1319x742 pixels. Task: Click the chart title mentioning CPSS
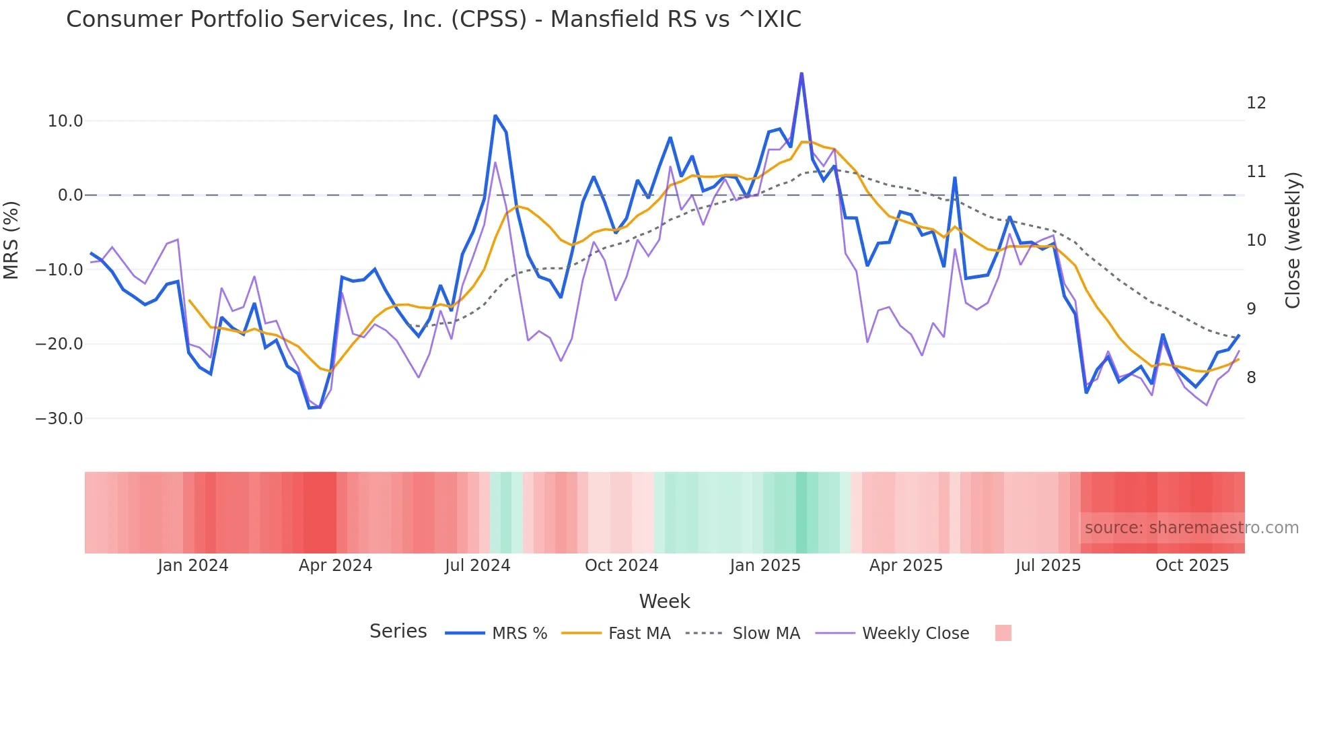coord(433,20)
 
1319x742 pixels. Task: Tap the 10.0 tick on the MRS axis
coord(65,121)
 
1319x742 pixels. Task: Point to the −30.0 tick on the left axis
coord(59,418)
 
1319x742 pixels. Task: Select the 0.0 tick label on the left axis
coord(71,195)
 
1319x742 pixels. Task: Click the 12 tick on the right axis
coord(1256,103)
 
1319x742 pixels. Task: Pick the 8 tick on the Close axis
coord(1251,378)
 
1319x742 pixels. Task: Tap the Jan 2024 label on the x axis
coord(193,566)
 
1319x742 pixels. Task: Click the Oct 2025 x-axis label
coord(1192,566)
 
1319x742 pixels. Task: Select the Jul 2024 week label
coord(477,566)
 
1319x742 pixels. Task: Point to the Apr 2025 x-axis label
coord(906,566)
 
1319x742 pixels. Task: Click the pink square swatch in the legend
coord(1003,633)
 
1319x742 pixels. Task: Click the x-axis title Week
coord(664,601)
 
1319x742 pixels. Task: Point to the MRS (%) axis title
coord(11,240)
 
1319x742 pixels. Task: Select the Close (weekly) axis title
coord(1292,240)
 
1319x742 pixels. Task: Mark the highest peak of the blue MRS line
coord(801,74)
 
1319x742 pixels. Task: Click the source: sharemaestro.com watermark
coord(1191,528)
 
